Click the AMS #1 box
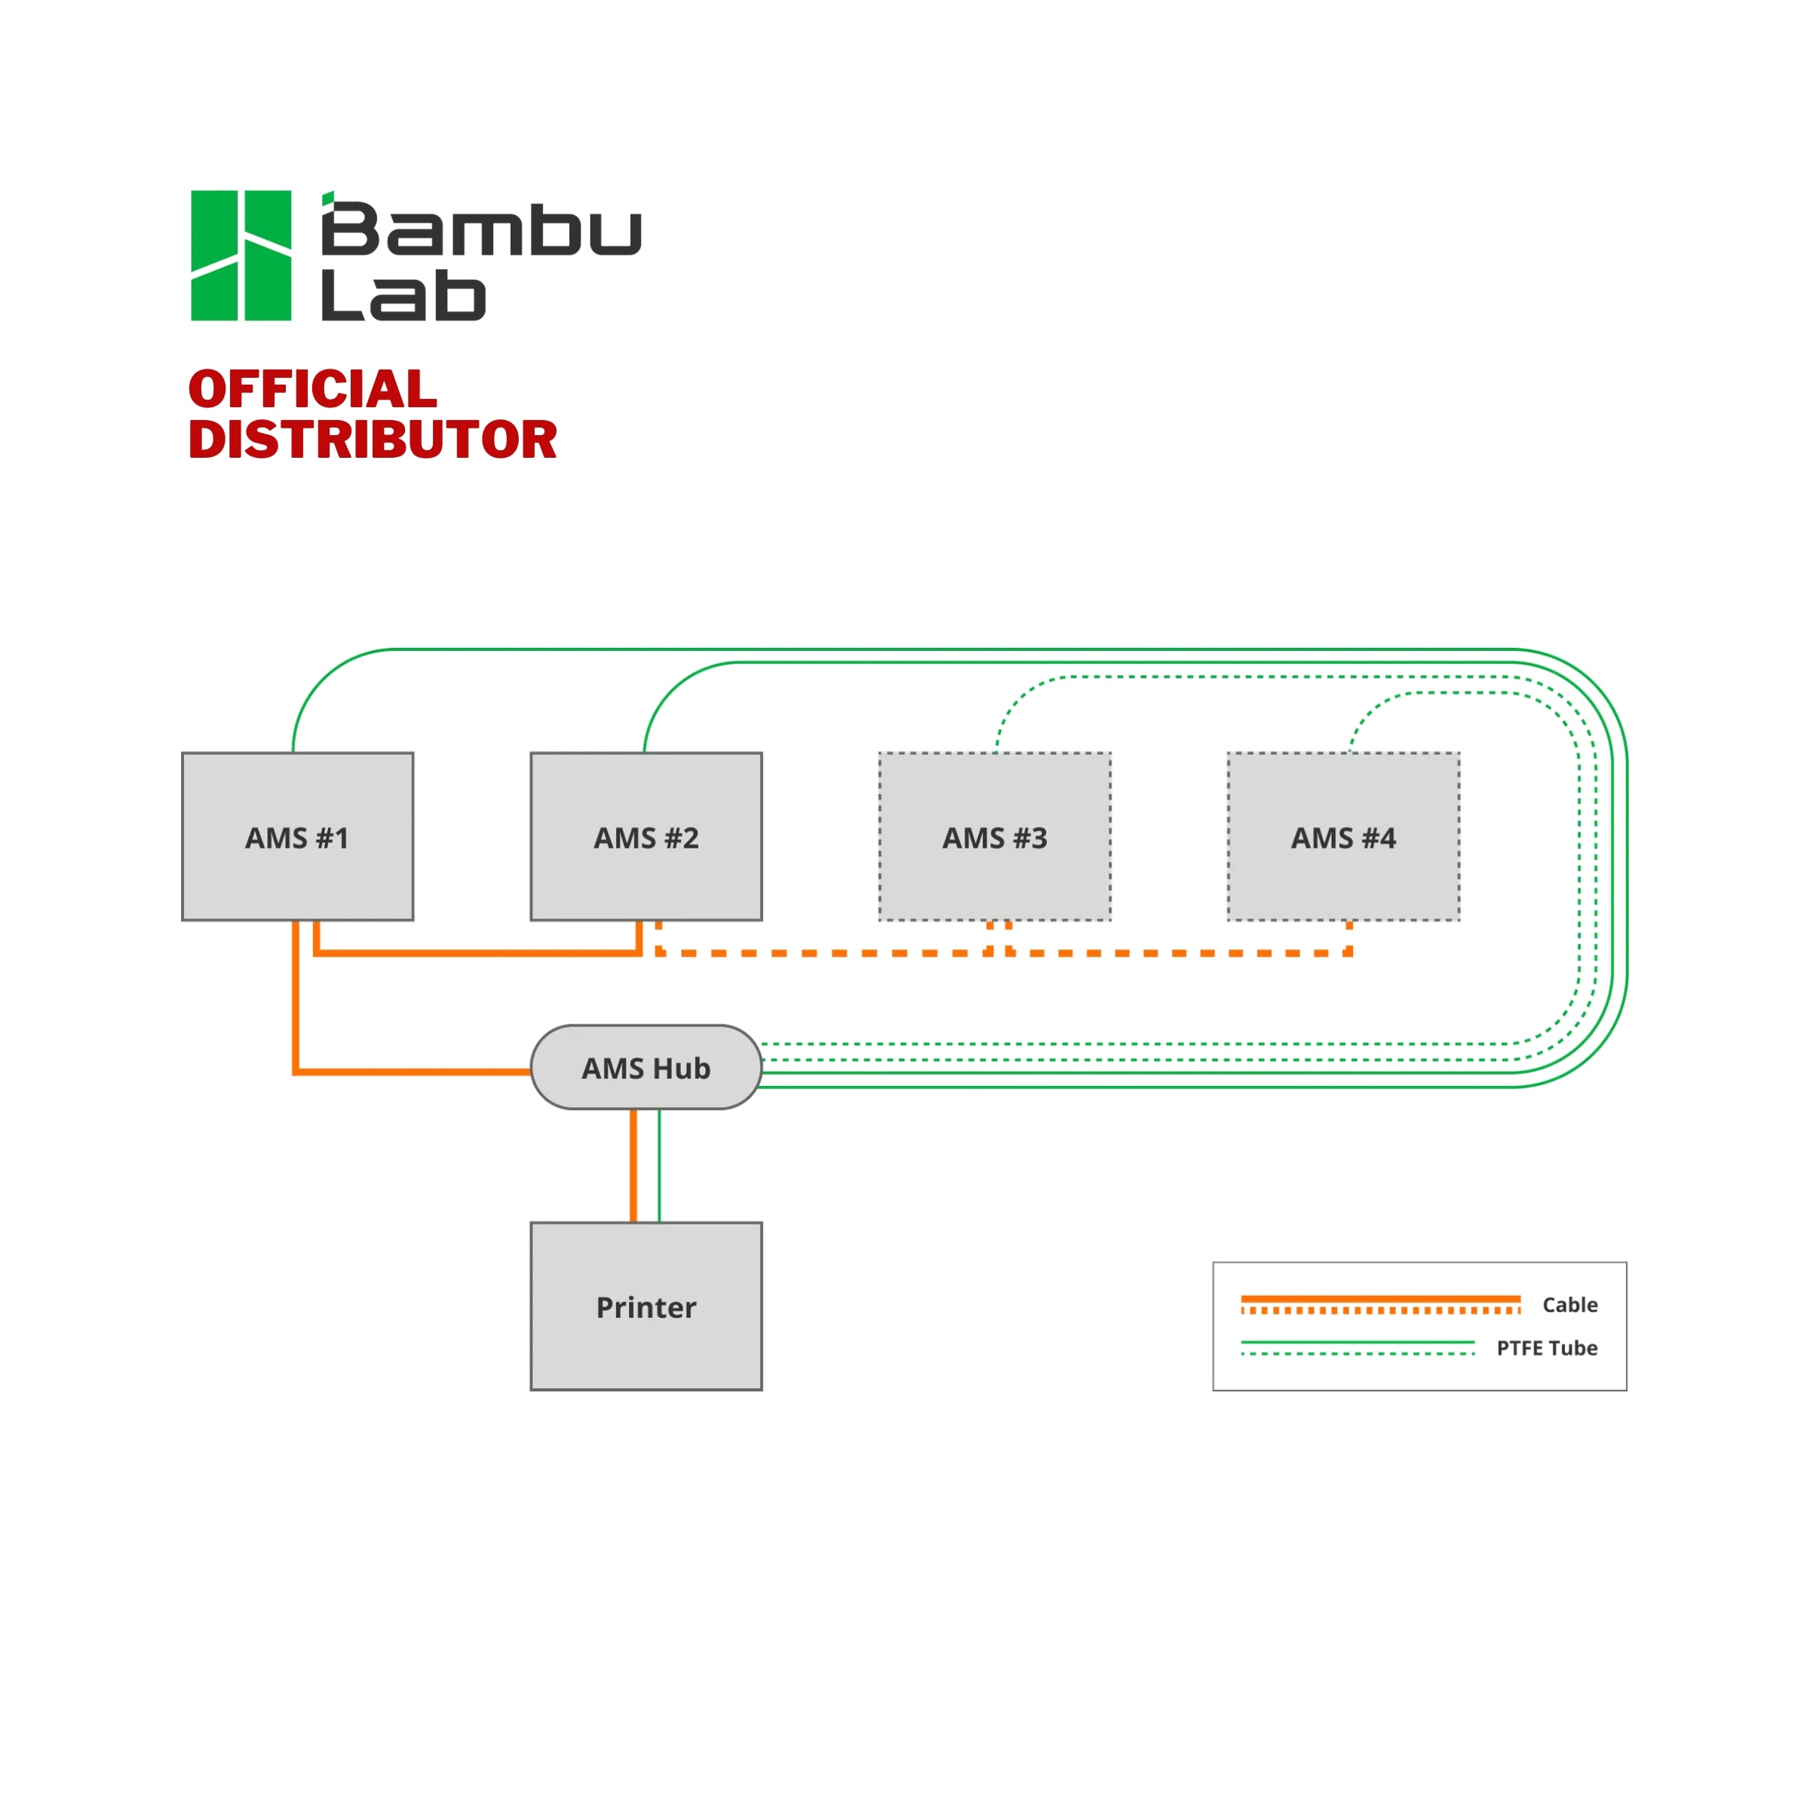pyautogui.click(x=297, y=836)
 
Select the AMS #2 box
pyautogui.click(x=646, y=836)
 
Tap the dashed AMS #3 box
pyautogui.click(x=994, y=836)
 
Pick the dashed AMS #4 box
pyautogui.click(x=1342, y=836)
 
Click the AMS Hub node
pyautogui.click(x=646, y=1067)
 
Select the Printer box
pyautogui.click(x=646, y=1306)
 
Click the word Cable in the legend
pyautogui.click(x=1569, y=1304)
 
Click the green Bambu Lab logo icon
pyautogui.click(x=241, y=255)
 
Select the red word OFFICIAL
pyautogui.click(x=312, y=389)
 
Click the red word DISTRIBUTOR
pyautogui.click(x=372, y=440)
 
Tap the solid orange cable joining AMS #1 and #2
pyautogui.click(x=478, y=953)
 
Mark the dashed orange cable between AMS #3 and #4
pyautogui.click(x=1180, y=953)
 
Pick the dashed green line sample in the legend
pyautogui.click(x=1357, y=1354)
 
